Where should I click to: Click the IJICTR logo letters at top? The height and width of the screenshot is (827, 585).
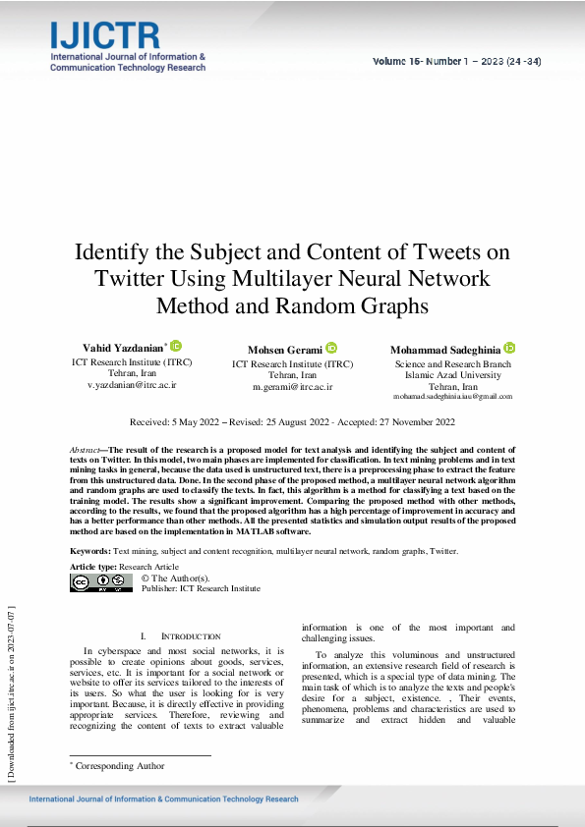(104, 37)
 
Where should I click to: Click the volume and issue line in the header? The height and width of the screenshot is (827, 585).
(456, 61)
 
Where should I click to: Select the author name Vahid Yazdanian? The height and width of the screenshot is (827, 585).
(122, 349)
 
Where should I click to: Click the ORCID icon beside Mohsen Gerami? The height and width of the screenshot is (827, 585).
(331, 348)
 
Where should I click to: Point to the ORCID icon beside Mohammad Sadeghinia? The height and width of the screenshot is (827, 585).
(509, 348)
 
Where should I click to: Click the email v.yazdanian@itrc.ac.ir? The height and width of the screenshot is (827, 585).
(132, 385)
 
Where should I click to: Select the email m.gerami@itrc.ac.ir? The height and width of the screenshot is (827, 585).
(293, 387)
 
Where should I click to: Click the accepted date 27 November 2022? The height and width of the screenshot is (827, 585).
(415, 422)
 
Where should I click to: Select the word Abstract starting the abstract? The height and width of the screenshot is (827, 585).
(85, 448)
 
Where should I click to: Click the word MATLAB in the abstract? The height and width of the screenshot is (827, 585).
(257, 531)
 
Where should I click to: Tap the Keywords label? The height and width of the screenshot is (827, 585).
(90, 552)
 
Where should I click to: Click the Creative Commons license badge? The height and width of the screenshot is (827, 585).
(101, 583)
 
